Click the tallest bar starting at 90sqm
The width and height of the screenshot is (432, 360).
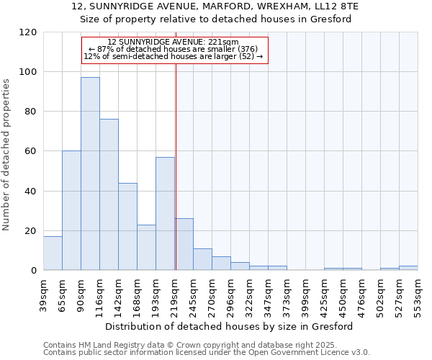click(x=90, y=174)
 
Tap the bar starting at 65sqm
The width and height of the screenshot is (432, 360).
click(x=71, y=210)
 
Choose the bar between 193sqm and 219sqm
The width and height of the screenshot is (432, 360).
click(x=165, y=213)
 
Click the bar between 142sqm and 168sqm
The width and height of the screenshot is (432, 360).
click(x=127, y=226)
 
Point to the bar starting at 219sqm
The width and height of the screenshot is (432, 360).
click(x=184, y=244)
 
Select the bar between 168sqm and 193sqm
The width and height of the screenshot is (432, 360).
click(x=146, y=247)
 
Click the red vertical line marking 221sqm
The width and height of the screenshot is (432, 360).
click(x=176, y=166)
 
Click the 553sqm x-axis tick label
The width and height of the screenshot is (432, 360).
click(x=418, y=296)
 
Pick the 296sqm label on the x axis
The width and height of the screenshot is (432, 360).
click(x=230, y=296)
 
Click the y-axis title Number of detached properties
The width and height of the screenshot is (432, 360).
click(x=7, y=155)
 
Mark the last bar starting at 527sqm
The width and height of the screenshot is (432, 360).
click(x=408, y=268)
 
